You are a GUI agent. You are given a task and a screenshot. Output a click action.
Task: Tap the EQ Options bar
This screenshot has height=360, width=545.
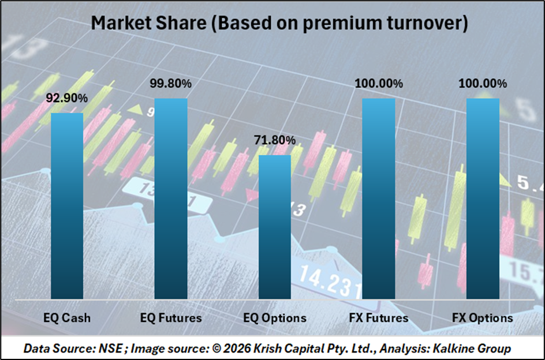pyautogui.click(x=275, y=227)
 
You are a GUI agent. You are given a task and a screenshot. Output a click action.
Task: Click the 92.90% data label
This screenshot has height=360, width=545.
pyautogui.click(x=68, y=98)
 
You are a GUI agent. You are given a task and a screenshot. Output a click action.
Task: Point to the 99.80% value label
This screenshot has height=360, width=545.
pyautogui.click(x=171, y=84)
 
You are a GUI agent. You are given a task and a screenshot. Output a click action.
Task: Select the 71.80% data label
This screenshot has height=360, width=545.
pyautogui.click(x=275, y=140)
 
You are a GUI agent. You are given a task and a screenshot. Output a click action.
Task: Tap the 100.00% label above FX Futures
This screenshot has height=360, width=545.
pyautogui.click(x=379, y=84)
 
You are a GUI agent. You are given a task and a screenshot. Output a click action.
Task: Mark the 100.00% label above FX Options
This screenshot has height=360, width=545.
pyautogui.click(x=483, y=84)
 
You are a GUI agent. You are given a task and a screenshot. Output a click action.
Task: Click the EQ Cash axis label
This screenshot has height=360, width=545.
pyautogui.click(x=68, y=317)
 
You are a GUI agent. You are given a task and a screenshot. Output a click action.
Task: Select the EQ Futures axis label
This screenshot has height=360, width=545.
pyautogui.click(x=171, y=317)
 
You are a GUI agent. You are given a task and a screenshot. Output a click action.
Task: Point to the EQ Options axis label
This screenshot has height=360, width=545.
pyautogui.click(x=275, y=317)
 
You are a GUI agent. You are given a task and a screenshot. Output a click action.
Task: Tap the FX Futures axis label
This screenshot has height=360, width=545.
pyautogui.click(x=379, y=317)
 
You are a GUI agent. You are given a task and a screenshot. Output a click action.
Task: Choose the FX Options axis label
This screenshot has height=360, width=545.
pyautogui.click(x=483, y=317)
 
